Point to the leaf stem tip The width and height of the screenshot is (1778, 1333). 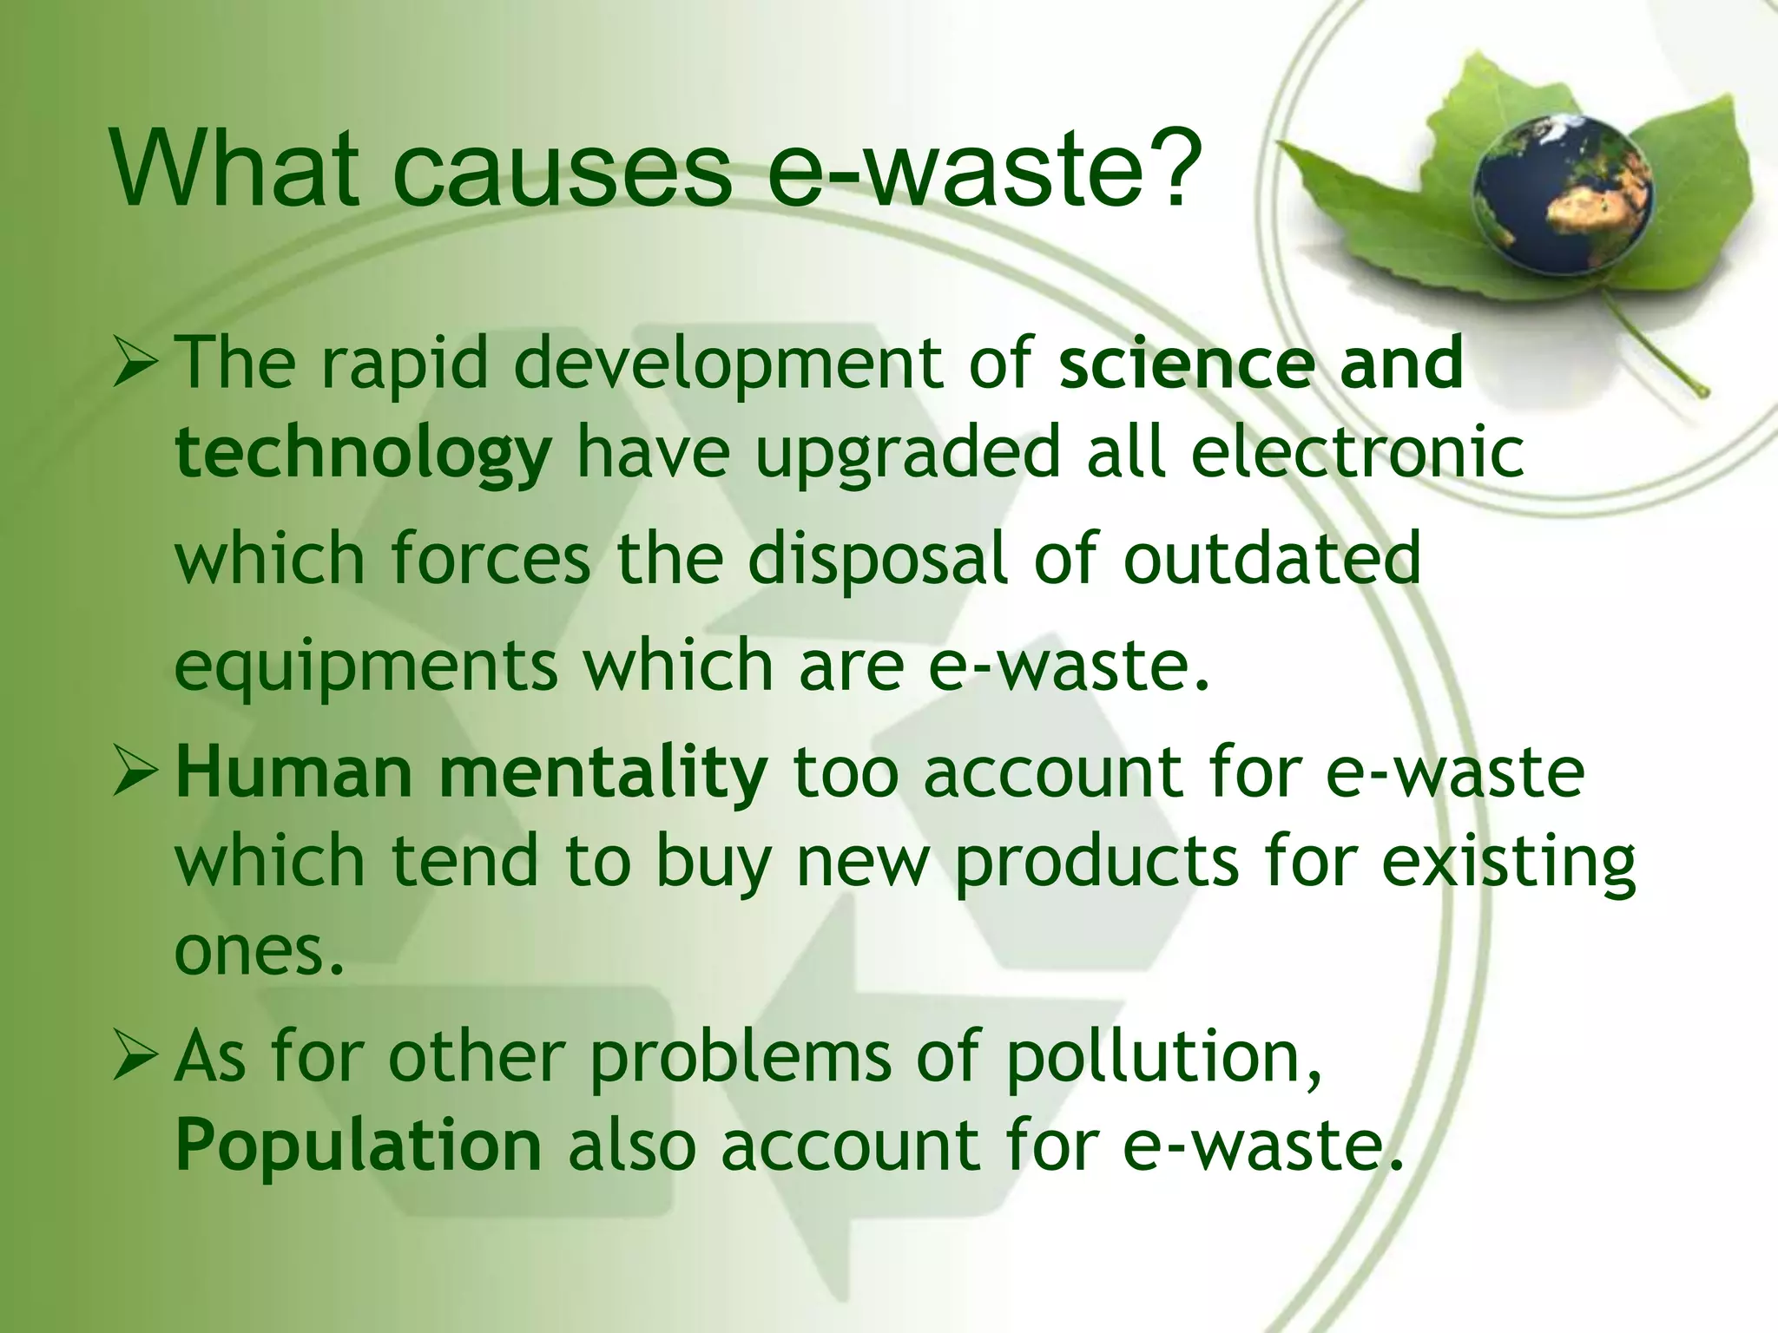(x=1703, y=392)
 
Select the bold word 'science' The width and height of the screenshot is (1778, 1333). (x=1184, y=364)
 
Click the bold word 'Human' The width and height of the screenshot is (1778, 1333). (x=294, y=772)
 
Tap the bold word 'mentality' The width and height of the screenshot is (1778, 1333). (x=603, y=772)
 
